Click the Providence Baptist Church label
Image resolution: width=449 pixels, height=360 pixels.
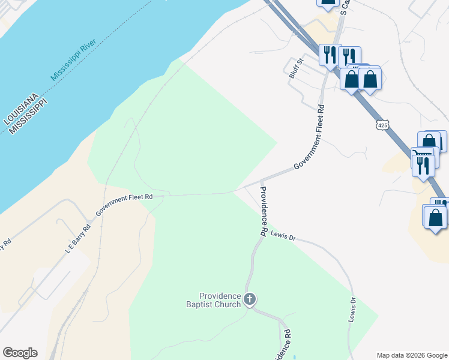click(x=220, y=300)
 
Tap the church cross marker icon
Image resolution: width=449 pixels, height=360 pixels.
click(x=250, y=299)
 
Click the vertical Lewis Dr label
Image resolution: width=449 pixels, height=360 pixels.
click(x=353, y=310)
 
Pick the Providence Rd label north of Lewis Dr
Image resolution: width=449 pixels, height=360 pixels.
click(x=263, y=210)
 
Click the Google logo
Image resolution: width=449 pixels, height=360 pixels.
click(x=20, y=353)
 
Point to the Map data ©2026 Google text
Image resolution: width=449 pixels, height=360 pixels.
click(x=411, y=355)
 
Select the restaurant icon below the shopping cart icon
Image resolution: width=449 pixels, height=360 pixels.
click(x=423, y=164)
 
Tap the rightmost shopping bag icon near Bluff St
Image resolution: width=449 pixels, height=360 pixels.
click(x=370, y=79)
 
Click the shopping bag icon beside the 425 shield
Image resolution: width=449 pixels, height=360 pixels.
click(x=429, y=142)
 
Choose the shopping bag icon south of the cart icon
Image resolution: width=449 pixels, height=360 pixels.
click(x=436, y=217)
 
